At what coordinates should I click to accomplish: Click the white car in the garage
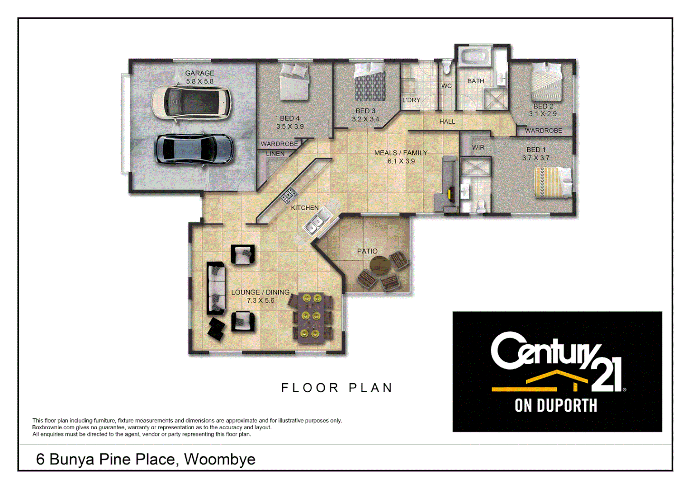point(191,103)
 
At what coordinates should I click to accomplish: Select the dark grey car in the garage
point(194,149)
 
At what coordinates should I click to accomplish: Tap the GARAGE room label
point(199,73)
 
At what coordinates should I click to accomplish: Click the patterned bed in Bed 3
point(370,82)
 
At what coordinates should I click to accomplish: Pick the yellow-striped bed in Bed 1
point(553,182)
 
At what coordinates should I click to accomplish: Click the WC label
point(446,86)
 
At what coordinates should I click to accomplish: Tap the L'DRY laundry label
point(412,100)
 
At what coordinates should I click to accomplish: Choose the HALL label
point(447,122)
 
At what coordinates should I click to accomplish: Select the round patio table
point(380,265)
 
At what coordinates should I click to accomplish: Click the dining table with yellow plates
point(312,316)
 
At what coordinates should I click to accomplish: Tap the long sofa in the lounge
point(216,288)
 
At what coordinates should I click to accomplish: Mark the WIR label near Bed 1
point(478,148)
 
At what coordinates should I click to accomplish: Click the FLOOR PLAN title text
point(337,388)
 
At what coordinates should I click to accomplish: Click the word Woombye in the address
point(220,459)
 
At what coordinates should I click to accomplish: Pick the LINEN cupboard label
point(275,154)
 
